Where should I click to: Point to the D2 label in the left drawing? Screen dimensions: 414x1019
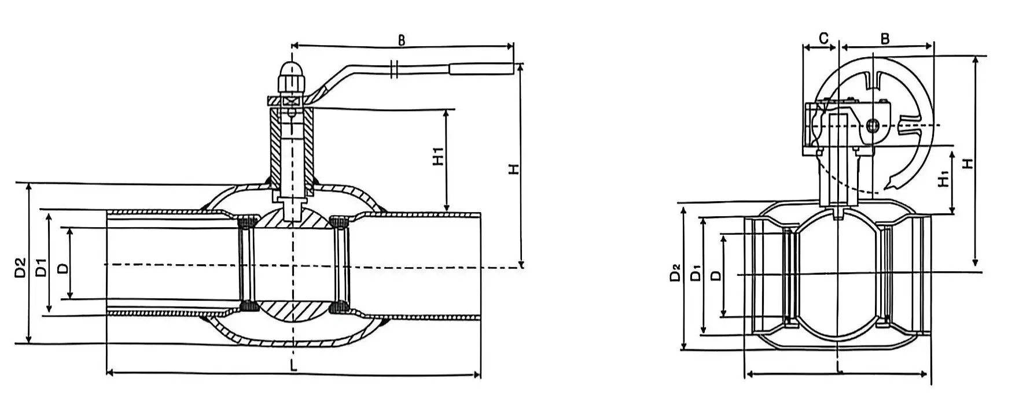coord(20,267)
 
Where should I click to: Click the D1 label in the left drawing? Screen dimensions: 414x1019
coord(41,269)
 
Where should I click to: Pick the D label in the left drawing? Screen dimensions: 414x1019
coord(63,268)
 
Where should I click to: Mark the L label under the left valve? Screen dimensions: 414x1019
coord(293,366)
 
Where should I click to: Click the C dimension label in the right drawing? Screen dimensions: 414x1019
coord(823,38)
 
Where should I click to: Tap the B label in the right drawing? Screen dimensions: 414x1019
coord(885,39)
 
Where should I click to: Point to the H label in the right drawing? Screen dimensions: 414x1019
coord(967,164)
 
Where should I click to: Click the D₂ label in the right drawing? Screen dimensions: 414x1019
coord(675,273)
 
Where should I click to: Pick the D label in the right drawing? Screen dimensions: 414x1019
coord(716,275)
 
